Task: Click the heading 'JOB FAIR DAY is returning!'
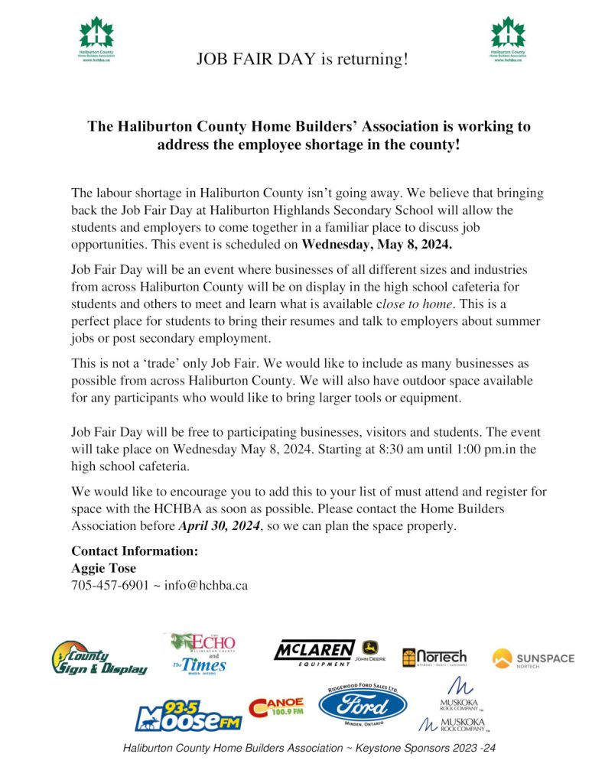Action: [302, 58]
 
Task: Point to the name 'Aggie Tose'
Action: [103, 568]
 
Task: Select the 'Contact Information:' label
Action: [135, 551]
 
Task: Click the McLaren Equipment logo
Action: [314, 652]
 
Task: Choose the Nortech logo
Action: [434, 657]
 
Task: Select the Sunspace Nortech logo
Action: [533, 658]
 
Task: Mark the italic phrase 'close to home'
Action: [420, 304]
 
